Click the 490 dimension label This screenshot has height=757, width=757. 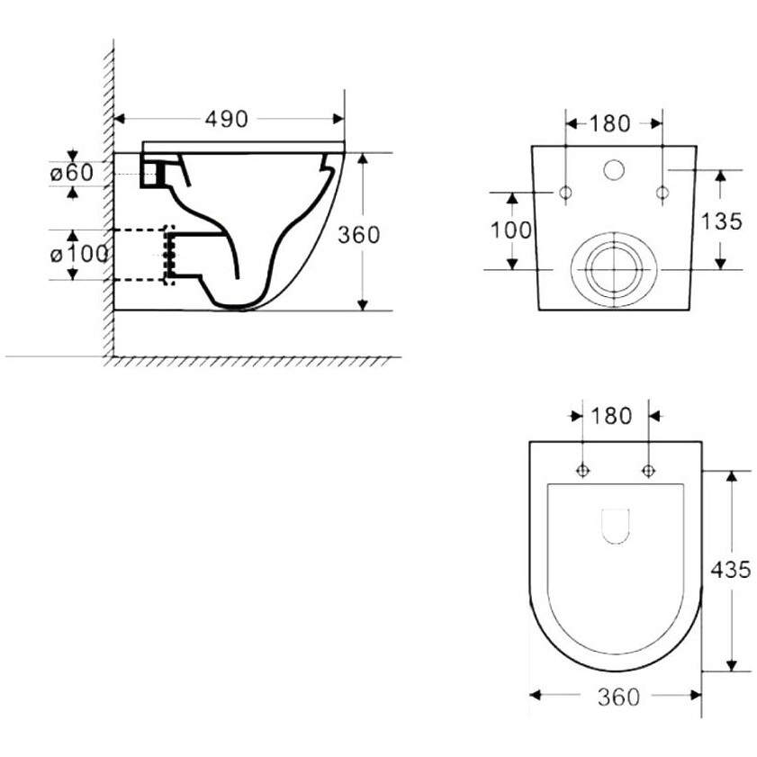point(227,119)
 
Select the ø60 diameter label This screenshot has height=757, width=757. point(72,173)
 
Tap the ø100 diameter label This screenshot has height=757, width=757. point(79,255)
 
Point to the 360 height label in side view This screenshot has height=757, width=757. point(359,235)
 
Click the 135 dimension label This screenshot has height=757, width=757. point(721,221)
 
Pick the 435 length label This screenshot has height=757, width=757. point(731,570)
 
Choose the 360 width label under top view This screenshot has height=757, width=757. point(618,697)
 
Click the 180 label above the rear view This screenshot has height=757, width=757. point(609,124)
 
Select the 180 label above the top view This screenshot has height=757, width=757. point(610,416)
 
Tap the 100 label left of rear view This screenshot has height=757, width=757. point(511,230)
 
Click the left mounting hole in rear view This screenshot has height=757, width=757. point(565,193)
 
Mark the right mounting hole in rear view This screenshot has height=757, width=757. point(662,193)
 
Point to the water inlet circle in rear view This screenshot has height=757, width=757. point(614,170)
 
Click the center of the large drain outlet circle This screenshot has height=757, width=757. point(614,269)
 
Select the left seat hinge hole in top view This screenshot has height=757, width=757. point(582,470)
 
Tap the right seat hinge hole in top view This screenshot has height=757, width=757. point(648,470)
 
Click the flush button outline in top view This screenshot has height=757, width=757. point(617,527)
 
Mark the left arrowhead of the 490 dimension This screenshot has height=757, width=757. point(119,119)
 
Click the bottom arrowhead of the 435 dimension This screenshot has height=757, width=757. point(732,665)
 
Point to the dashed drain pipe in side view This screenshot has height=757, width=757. point(140,255)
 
